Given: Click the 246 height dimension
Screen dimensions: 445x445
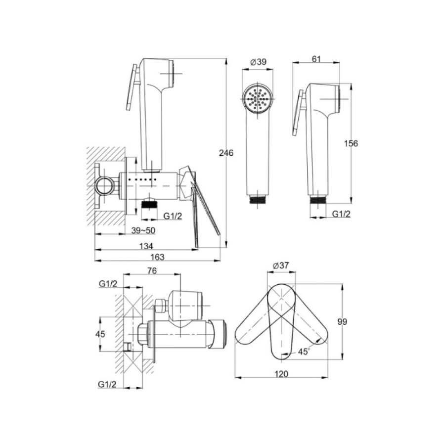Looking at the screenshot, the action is click(x=226, y=153).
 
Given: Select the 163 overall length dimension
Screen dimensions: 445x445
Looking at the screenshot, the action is click(x=158, y=257).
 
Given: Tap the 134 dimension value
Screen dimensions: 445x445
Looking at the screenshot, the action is click(x=146, y=246).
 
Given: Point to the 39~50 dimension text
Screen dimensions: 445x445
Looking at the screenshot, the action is click(x=143, y=231).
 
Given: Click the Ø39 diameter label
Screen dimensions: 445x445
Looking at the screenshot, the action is click(x=258, y=62).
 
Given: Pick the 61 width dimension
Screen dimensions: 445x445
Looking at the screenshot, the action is click(x=316, y=59).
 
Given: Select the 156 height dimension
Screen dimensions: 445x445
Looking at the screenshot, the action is click(x=351, y=143).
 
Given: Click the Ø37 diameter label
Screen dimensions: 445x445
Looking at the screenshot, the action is click(x=281, y=266).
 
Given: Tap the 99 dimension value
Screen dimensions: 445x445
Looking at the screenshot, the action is click(x=342, y=322).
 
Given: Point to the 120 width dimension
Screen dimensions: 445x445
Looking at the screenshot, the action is click(x=281, y=374).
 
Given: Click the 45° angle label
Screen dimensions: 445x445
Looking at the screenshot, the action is click(x=304, y=352).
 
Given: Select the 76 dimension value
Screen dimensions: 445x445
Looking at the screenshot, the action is click(x=152, y=271).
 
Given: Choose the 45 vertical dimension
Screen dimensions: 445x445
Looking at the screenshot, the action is click(x=100, y=334).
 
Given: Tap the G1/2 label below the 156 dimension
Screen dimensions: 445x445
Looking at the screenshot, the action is click(x=341, y=214).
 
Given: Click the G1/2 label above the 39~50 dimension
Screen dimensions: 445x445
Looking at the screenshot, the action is click(x=173, y=216).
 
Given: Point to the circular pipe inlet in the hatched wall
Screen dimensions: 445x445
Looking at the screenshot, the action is click(x=104, y=186).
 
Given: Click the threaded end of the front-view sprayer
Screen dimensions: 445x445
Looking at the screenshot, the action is click(x=258, y=199).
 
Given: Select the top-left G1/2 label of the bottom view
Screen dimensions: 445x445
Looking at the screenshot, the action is click(x=108, y=283).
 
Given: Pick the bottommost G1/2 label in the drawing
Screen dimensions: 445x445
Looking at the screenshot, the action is click(x=107, y=384).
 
